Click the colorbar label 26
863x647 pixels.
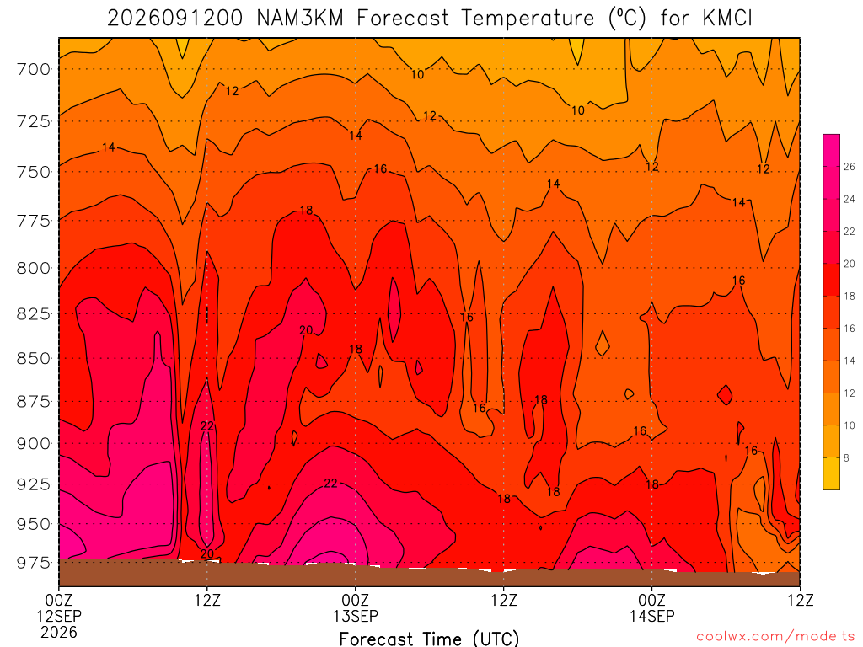click(850, 167)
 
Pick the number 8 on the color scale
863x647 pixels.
click(846, 457)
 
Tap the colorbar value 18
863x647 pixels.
click(850, 296)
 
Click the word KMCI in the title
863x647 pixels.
click(727, 19)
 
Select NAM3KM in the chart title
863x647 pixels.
click(300, 19)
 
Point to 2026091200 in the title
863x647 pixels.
click(174, 19)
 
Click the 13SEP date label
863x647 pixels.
click(356, 616)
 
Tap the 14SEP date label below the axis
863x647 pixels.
click(652, 616)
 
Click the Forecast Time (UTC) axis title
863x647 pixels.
click(429, 639)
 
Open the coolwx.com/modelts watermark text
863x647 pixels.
click(775, 637)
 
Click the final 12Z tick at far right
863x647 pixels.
click(800, 600)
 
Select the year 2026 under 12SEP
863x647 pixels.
click(59, 633)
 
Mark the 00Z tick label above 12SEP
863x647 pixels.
click(59, 600)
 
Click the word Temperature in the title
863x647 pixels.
click(528, 19)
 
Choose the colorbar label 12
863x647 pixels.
click(850, 393)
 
